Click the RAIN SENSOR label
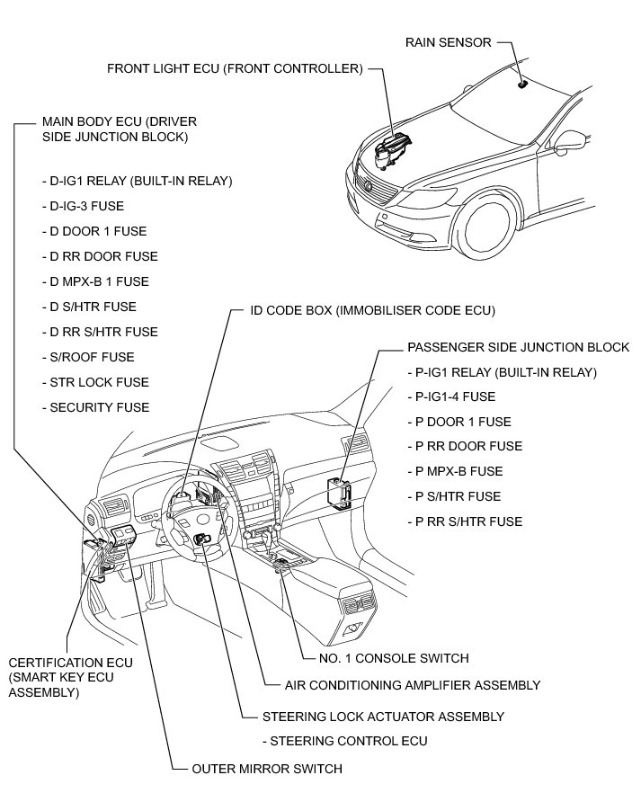[448, 42]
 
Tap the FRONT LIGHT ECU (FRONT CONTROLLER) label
[235, 68]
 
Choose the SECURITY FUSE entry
[99, 407]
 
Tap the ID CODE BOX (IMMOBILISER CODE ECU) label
[373, 311]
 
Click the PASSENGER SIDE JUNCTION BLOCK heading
[518, 347]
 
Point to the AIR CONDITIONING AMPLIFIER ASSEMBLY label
[413, 685]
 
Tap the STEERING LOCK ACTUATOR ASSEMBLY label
[383, 717]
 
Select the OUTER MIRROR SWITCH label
[267, 769]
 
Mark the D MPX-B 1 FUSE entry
[99, 281]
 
